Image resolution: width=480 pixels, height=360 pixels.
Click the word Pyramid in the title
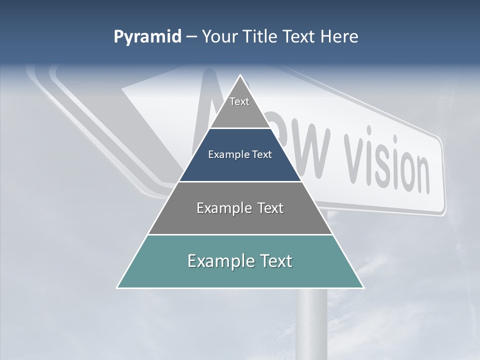coord(147,37)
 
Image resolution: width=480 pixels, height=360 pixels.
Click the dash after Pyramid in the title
coord(191,37)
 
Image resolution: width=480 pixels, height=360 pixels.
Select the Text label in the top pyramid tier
coord(239,101)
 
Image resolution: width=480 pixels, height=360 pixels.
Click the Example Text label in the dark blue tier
coord(240,154)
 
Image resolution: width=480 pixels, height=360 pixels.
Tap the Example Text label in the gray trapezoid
coord(240,208)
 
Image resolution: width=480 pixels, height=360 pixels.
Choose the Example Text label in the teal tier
coord(240,261)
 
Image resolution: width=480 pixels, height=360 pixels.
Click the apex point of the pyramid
coord(240,75)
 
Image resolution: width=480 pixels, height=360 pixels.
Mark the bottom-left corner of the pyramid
coord(117,287)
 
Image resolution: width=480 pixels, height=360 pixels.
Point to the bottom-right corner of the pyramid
coord(363,287)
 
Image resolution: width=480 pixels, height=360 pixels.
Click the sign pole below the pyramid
coord(312,320)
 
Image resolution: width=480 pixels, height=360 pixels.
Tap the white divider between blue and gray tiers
coord(240,181)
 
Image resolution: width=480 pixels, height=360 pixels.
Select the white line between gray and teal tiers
coord(240,234)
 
